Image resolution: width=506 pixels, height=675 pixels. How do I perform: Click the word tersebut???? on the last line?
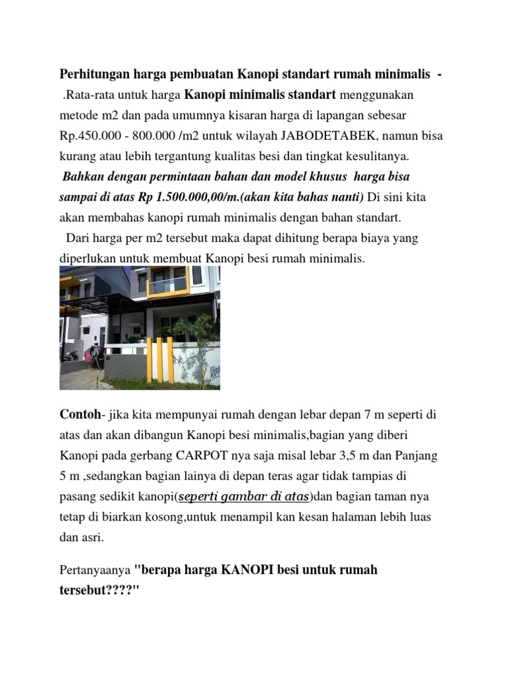coord(96,590)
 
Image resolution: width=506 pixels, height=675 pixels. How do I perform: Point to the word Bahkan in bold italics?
coord(82,177)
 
